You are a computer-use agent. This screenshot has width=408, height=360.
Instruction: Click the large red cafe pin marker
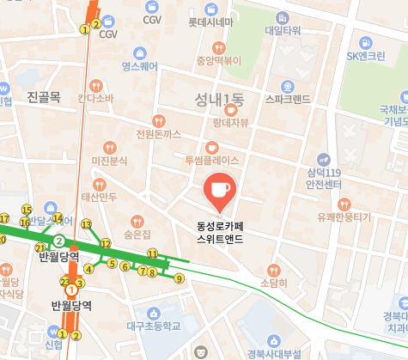(x=217, y=191)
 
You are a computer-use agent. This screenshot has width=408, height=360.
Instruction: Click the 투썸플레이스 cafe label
(x=211, y=161)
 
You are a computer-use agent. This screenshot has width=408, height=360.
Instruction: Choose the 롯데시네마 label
(x=210, y=21)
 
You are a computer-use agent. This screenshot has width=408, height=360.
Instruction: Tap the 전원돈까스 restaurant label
(x=158, y=134)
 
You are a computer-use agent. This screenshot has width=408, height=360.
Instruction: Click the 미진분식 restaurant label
(x=109, y=161)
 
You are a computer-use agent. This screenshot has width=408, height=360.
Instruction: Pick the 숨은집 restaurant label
(x=137, y=234)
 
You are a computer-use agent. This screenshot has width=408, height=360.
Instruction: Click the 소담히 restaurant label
(x=273, y=282)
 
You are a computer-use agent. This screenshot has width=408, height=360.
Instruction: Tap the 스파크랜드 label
(x=288, y=99)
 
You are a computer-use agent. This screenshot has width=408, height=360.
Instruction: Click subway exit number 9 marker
(x=180, y=278)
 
